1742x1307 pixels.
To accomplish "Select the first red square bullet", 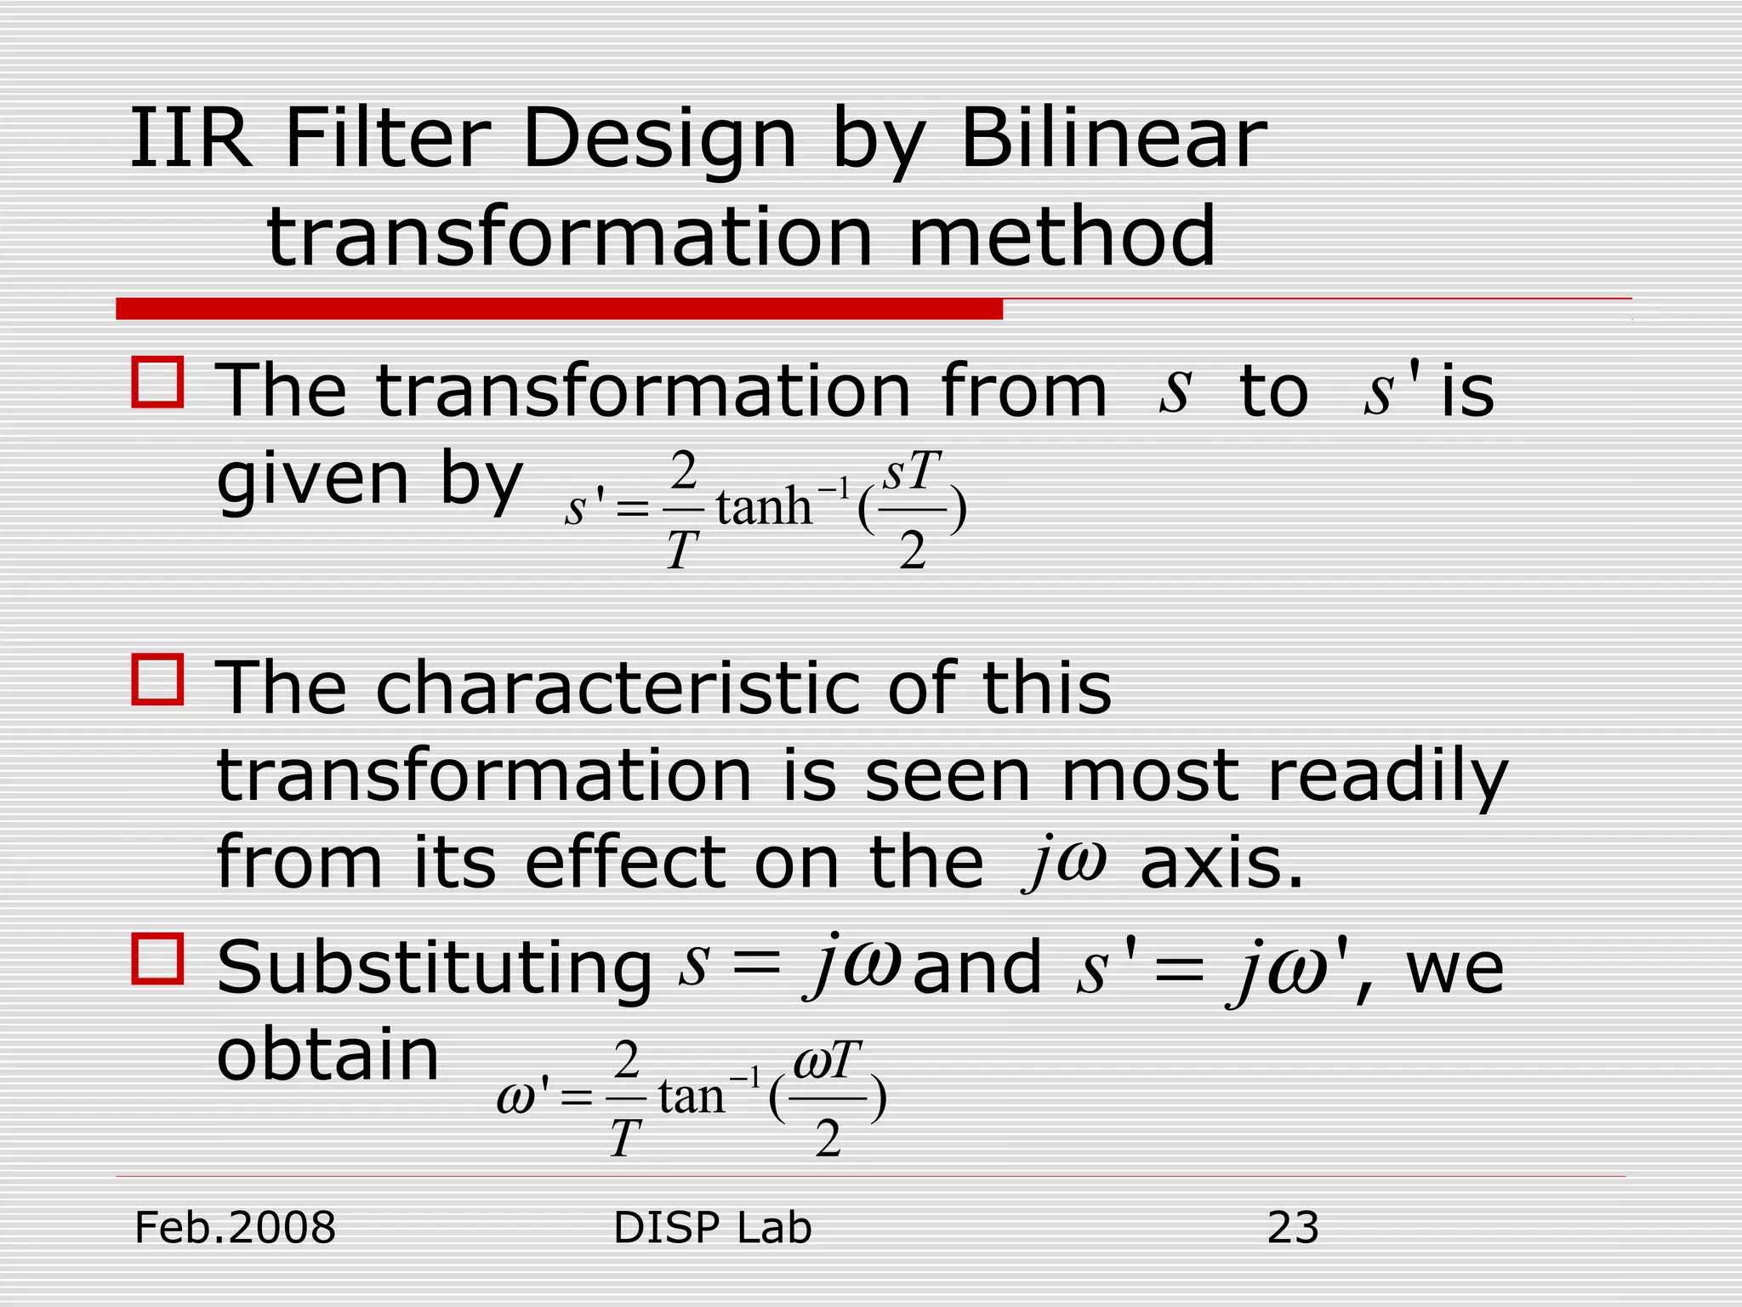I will pos(157,382).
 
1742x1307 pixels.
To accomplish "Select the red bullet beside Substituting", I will pos(157,959).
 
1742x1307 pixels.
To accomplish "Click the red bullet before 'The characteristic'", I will pos(157,679).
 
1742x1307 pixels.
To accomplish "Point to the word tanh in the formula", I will pos(763,507).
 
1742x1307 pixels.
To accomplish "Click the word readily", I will pos(1387,778).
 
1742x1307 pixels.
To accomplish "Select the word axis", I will pos(1221,865).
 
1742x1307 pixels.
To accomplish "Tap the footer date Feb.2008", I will pos(236,1228).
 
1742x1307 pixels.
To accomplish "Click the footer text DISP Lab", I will pos(712,1228).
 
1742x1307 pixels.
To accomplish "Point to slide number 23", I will pos(1293,1228).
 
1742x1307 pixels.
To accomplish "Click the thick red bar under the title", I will pos(559,309).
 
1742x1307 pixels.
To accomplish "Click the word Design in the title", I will pos(659,140).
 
